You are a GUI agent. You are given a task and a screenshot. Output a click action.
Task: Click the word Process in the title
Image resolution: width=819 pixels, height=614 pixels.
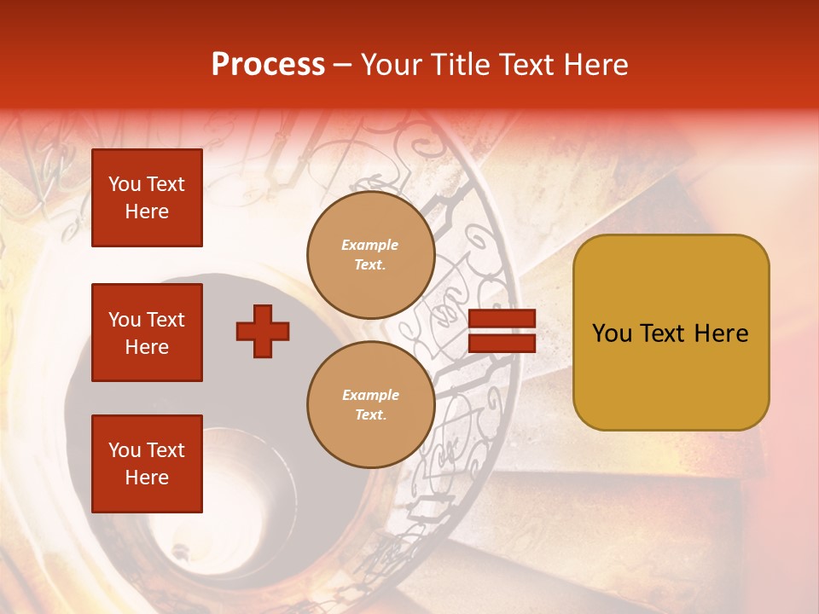click(x=268, y=65)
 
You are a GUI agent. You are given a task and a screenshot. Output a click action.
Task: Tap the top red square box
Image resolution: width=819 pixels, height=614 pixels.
click(x=147, y=198)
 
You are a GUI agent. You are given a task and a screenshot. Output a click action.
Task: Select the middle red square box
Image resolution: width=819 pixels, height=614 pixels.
click(x=147, y=333)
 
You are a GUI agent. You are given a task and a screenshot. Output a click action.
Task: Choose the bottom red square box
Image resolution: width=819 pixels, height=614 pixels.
click(x=147, y=464)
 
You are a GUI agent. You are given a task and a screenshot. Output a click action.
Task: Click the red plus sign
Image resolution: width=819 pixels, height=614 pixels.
click(x=263, y=331)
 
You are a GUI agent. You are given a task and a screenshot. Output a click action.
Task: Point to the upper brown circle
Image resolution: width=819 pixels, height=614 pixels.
click(x=370, y=255)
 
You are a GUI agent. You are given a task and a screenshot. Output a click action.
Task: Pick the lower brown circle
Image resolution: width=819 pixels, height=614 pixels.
click(x=370, y=405)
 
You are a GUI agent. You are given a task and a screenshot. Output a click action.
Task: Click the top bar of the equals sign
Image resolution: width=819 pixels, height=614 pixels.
click(x=502, y=319)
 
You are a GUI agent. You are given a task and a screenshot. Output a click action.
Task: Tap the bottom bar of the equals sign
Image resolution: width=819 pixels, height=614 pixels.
click(x=502, y=344)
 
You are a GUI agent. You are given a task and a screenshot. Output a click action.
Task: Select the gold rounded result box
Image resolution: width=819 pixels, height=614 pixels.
click(x=671, y=333)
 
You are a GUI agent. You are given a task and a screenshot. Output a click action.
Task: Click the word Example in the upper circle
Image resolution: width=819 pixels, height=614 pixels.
click(x=370, y=245)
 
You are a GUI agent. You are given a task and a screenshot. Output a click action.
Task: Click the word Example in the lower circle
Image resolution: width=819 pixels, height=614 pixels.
click(x=370, y=395)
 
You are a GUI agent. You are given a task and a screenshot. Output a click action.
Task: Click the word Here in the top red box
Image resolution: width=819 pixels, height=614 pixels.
click(x=147, y=211)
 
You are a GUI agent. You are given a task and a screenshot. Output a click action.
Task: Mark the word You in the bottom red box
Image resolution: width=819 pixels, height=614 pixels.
click(x=124, y=450)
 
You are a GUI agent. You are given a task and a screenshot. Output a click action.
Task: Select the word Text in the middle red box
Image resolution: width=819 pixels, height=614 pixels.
click(x=165, y=320)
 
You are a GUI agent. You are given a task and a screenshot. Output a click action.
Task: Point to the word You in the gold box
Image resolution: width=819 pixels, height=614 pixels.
click(x=612, y=333)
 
